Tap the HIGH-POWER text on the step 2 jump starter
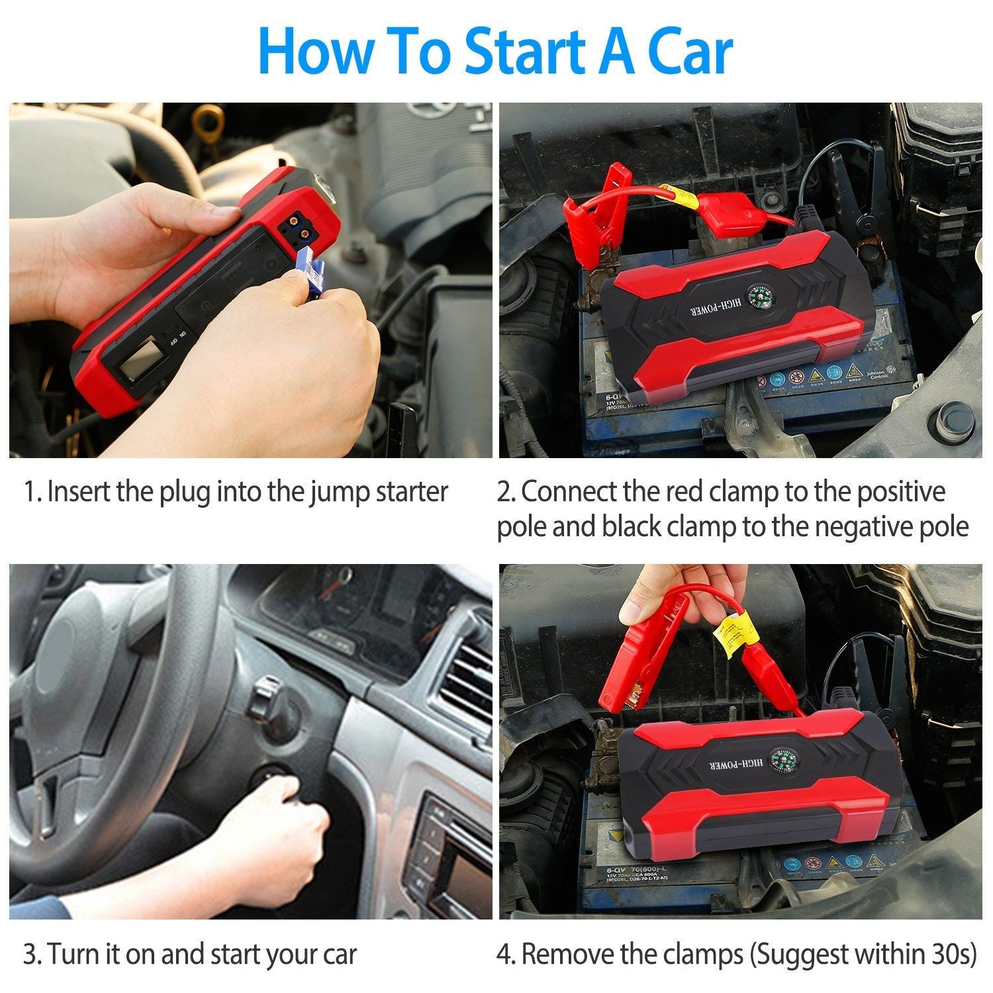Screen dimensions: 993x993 coord(702,311)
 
